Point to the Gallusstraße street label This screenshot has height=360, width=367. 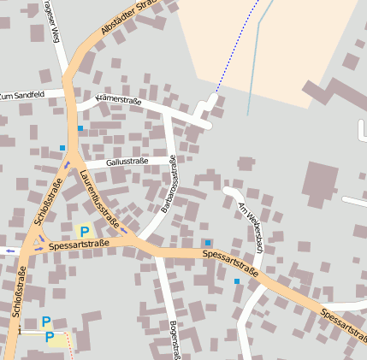coord(127,161)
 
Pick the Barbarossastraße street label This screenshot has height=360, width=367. coord(168,183)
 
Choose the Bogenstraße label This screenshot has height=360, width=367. coord(175,339)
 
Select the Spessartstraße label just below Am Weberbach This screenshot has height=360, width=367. coord(231,262)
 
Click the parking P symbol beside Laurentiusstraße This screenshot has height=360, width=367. coord(84,231)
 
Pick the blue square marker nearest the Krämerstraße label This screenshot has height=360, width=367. coord(80,128)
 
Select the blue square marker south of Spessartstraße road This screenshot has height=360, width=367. coord(237,281)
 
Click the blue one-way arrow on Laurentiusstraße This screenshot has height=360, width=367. coord(124,228)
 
